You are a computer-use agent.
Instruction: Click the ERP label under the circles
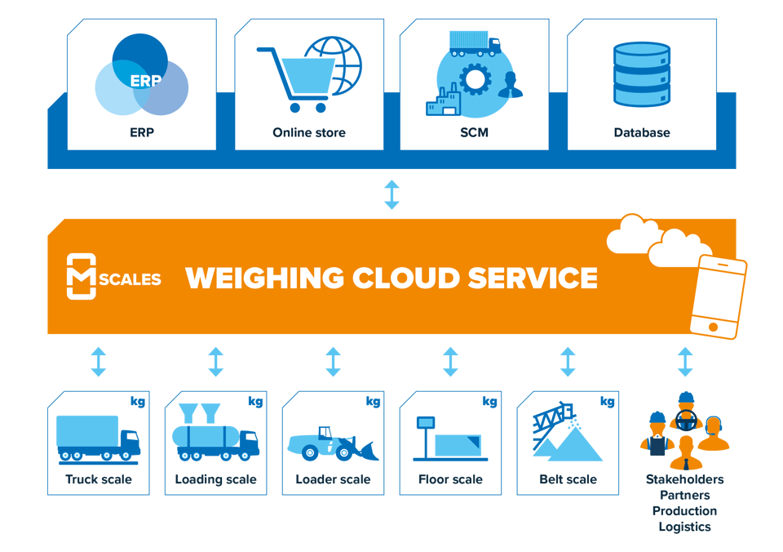click(x=141, y=132)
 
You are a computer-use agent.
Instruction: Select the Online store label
click(x=309, y=132)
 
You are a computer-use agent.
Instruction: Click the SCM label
click(x=474, y=132)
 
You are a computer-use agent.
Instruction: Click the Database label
click(x=642, y=132)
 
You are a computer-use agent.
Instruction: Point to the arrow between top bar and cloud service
click(x=391, y=194)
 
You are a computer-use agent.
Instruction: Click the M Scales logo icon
click(x=82, y=277)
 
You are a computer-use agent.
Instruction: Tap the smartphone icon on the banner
click(x=717, y=296)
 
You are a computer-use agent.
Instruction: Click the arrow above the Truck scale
click(x=98, y=361)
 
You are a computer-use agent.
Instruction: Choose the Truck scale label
click(x=99, y=479)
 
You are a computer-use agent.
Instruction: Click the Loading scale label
click(x=215, y=479)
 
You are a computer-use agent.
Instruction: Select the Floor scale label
click(x=450, y=479)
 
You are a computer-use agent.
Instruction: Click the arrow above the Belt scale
click(x=568, y=361)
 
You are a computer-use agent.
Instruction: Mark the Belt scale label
click(x=568, y=479)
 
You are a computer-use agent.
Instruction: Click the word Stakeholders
click(x=684, y=479)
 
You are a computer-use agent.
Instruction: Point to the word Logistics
click(x=684, y=527)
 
